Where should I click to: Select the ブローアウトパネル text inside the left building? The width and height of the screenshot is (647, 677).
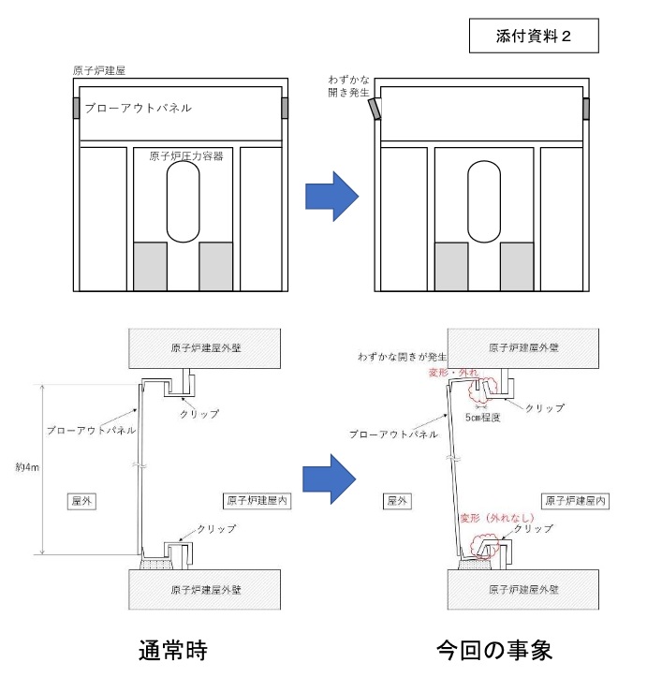click(138, 109)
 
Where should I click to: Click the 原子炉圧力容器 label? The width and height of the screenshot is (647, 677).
click(185, 156)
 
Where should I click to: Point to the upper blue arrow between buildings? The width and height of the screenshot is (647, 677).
click(332, 195)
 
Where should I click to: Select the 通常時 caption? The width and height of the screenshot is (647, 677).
click(173, 649)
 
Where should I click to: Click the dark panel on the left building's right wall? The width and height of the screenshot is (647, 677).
click(286, 109)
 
